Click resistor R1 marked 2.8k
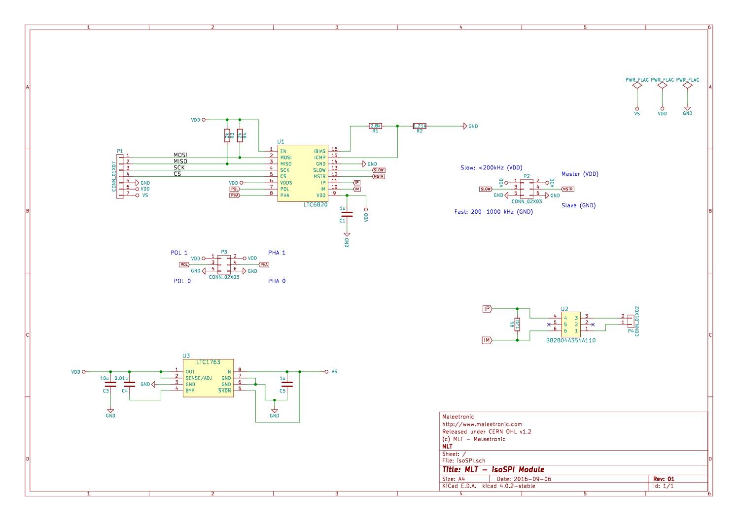(375, 126)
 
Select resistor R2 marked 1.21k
(420, 126)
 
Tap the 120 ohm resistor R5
(517, 324)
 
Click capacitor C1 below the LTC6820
(347, 214)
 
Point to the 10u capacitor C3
(110, 384)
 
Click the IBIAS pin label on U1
(319, 151)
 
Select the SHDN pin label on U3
(225, 391)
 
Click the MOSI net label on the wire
(180, 155)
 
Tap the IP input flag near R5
(487, 309)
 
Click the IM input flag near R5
(487, 340)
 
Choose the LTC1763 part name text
(208, 362)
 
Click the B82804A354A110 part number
(570, 340)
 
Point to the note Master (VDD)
(580, 174)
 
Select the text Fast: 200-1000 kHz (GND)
(493, 212)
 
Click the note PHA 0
(277, 281)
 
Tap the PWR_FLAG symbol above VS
(637, 85)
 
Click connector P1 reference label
(120, 151)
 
